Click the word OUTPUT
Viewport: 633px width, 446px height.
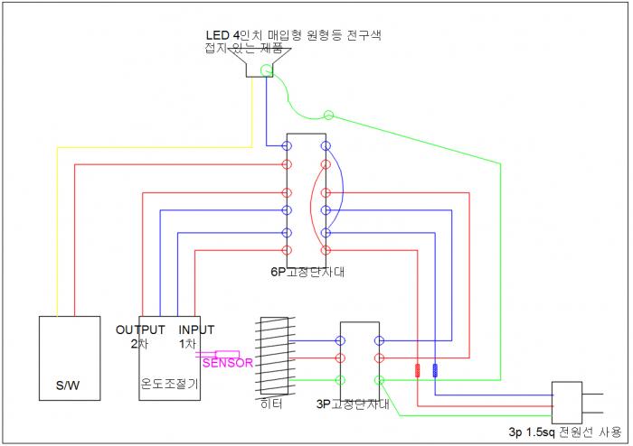(x=140, y=330)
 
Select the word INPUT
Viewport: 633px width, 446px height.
(x=197, y=330)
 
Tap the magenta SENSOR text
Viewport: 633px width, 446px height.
(x=227, y=363)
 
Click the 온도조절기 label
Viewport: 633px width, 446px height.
(x=169, y=383)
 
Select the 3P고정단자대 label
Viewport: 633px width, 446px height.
(x=354, y=404)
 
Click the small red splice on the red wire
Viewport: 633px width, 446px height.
(x=418, y=370)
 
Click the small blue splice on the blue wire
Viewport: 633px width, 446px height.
(x=436, y=370)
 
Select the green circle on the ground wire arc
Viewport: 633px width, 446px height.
(x=328, y=116)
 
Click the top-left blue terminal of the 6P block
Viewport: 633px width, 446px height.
(x=288, y=145)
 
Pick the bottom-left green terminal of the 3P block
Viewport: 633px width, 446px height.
(x=341, y=380)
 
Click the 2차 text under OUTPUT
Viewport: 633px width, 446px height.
(x=137, y=343)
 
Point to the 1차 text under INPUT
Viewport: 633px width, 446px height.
(x=187, y=343)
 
